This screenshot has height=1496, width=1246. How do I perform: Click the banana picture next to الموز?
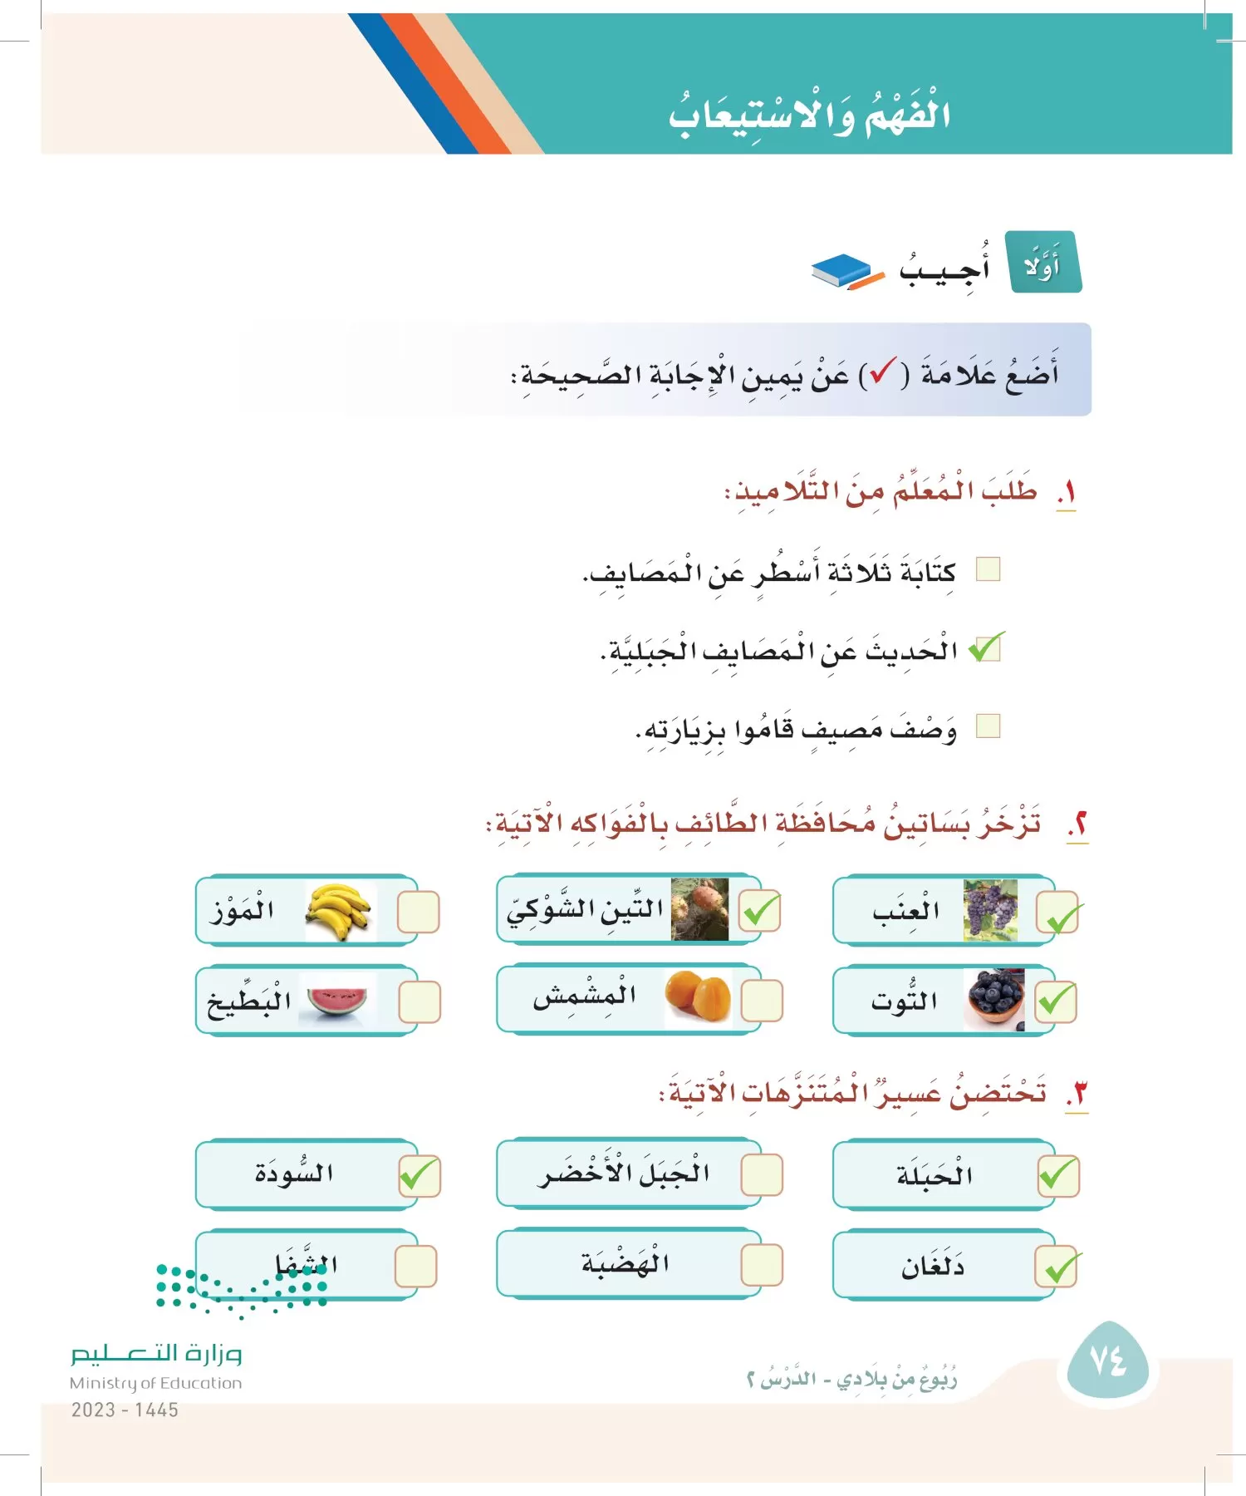click(x=339, y=912)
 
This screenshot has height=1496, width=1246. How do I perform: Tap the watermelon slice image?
click(x=337, y=1001)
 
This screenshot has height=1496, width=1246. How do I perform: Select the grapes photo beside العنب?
click(x=989, y=911)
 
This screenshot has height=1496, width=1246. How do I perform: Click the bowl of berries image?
click(x=995, y=1001)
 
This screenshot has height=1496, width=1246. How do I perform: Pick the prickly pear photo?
click(x=699, y=909)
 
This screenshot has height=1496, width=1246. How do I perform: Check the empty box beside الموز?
click(x=418, y=913)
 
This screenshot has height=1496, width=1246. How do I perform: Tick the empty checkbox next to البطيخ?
click(x=419, y=1002)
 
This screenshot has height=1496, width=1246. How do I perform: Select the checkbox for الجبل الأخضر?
click(x=761, y=1175)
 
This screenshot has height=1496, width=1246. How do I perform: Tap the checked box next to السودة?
click(x=419, y=1176)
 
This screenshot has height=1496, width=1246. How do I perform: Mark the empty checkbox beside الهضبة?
click(x=761, y=1265)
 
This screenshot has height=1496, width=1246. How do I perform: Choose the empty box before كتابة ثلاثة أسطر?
click(x=988, y=569)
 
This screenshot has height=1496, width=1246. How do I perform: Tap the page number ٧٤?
click(x=1107, y=1361)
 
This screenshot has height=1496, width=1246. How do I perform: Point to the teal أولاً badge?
click(x=1044, y=263)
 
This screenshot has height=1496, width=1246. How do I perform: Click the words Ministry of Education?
click(x=156, y=1383)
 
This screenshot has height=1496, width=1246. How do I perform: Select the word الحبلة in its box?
click(x=934, y=1175)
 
